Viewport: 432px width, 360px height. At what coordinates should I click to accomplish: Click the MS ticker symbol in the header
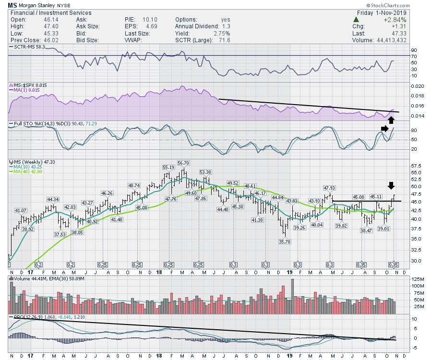[12, 5]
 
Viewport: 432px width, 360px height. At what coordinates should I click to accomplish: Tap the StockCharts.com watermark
[408, 5]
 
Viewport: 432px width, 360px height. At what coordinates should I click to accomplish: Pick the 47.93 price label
[328, 188]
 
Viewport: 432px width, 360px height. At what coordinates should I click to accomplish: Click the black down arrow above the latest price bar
[392, 186]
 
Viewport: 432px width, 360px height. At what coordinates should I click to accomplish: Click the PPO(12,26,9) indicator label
[27, 317]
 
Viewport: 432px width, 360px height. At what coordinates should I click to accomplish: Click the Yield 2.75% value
[222, 33]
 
